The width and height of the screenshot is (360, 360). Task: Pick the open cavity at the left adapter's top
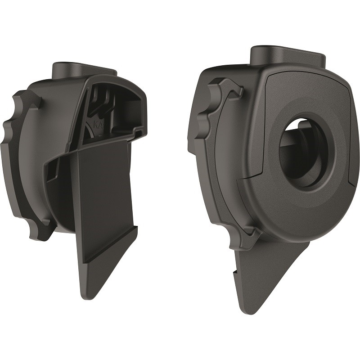(x=115, y=106)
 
